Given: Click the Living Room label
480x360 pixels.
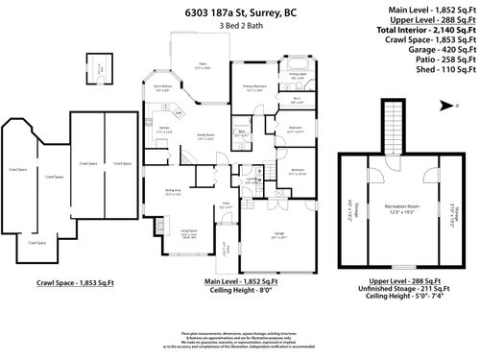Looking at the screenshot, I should point(188,233).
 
